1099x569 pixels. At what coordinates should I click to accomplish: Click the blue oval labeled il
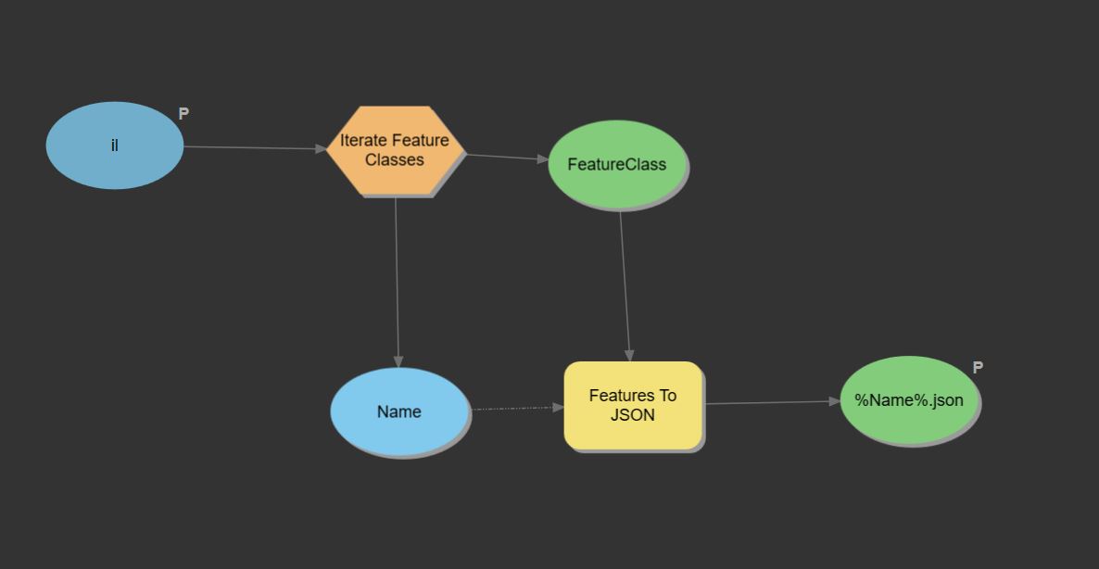click(x=115, y=145)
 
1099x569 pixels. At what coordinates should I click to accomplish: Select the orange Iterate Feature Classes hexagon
click(x=395, y=150)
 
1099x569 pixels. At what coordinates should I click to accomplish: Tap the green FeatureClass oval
click(x=617, y=165)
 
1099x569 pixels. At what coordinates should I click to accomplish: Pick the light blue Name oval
click(x=399, y=411)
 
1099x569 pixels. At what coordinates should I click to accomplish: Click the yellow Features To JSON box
click(x=633, y=405)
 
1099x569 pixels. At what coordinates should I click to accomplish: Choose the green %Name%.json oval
click(x=909, y=400)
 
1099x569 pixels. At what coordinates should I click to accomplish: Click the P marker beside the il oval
click(x=183, y=114)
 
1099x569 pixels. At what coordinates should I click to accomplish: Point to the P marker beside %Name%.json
click(x=978, y=368)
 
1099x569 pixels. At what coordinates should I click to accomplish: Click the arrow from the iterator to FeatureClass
click(x=505, y=158)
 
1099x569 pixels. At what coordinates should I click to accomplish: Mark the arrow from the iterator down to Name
click(x=397, y=278)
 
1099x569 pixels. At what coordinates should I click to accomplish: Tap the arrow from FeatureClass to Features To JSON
click(x=625, y=283)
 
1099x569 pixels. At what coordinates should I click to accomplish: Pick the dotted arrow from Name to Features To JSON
click(x=514, y=408)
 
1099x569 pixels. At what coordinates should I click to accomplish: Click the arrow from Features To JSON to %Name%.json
click(x=769, y=402)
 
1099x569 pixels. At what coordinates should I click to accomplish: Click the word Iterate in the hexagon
click(x=362, y=141)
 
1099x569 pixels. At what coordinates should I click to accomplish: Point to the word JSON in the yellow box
click(x=633, y=415)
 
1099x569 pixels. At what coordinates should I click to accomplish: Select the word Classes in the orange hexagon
click(x=395, y=160)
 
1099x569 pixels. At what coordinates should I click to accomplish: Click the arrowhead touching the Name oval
click(x=398, y=361)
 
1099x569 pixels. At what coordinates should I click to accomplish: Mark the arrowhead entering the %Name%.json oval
click(x=835, y=401)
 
